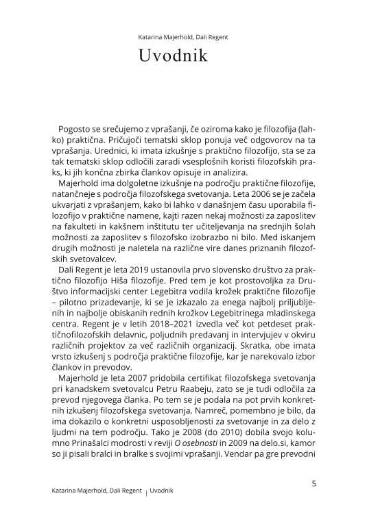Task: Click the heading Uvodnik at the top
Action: coord(183,57)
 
